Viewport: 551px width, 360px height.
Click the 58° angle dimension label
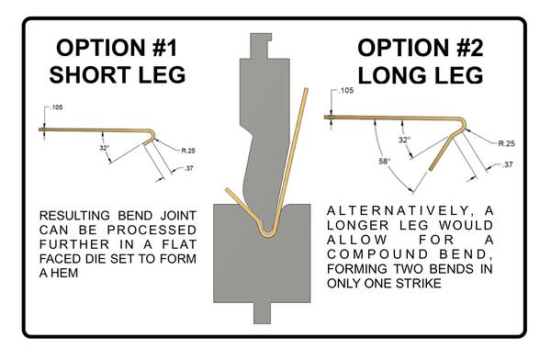pos(385,162)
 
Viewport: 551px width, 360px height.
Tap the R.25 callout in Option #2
pos(507,143)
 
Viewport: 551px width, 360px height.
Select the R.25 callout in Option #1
pos(188,151)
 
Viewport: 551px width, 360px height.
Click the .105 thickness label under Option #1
pos(57,107)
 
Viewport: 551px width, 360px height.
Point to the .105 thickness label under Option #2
pos(346,91)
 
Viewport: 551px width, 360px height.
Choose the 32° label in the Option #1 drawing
pos(105,148)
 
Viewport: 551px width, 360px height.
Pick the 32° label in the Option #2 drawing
pos(404,140)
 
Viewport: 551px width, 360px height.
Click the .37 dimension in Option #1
pos(188,168)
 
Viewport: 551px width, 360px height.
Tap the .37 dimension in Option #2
pos(508,164)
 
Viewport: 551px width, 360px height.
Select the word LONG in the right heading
pos(388,75)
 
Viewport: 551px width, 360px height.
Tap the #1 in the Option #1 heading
pos(165,48)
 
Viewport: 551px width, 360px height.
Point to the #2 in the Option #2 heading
pos(470,48)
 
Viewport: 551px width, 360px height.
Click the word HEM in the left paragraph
pos(64,273)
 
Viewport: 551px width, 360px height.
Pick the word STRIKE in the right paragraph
pos(419,283)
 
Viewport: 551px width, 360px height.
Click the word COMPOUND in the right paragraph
pos(373,254)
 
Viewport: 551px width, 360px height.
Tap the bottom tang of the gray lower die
pos(263,313)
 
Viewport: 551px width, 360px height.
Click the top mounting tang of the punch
pos(261,46)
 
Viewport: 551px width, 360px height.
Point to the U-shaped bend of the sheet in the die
pos(266,235)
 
